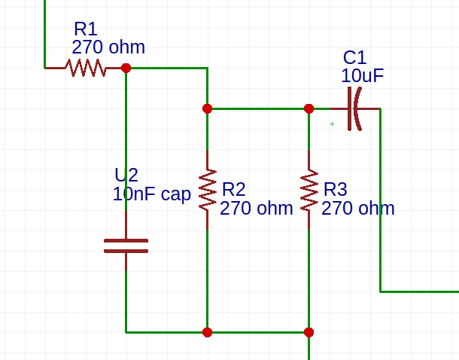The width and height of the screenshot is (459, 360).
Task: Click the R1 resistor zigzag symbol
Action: click(86, 68)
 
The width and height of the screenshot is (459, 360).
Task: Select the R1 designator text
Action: click(85, 29)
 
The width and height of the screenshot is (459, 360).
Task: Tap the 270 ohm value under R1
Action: click(108, 47)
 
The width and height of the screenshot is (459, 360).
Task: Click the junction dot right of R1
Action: click(126, 68)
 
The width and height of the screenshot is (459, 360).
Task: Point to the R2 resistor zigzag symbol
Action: click(207, 189)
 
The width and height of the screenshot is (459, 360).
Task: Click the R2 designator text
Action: click(234, 189)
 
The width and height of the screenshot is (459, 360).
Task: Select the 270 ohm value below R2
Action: click(256, 209)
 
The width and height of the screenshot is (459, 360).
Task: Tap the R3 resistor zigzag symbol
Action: click(309, 190)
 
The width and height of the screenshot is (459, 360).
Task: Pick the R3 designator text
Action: click(336, 189)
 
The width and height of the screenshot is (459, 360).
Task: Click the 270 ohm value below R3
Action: click(357, 209)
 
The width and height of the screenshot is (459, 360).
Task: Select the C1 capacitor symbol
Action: click(353, 108)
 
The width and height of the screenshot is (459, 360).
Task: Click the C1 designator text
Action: click(354, 58)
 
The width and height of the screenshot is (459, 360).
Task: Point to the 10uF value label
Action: click(363, 76)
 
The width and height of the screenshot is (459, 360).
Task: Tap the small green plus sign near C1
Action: click(332, 124)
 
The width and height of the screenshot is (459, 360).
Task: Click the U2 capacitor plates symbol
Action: click(126, 246)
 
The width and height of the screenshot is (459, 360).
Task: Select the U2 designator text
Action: click(126, 175)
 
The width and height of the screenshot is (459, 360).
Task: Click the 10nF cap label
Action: click(151, 194)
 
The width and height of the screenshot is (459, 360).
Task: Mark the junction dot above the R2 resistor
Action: click(207, 108)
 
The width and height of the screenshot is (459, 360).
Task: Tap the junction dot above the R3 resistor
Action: click(309, 108)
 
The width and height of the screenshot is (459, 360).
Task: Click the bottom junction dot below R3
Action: click(309, 331)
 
